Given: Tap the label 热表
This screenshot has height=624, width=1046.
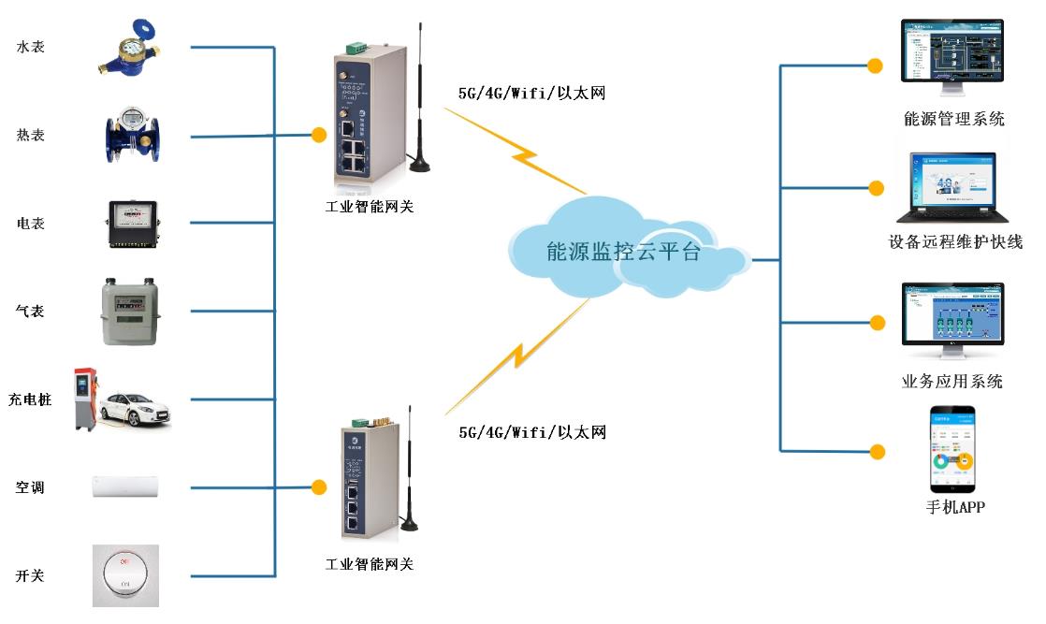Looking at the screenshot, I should pos(31,136).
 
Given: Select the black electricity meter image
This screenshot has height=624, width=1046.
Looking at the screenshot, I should pos(131,225).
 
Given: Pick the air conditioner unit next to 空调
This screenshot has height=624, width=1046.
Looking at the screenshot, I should pos(125,486).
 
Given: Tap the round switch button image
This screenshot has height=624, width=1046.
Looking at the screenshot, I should pos(125,573).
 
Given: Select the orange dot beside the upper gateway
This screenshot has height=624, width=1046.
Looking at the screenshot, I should pos(318,136).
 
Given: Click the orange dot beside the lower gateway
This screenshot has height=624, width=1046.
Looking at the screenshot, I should pos(319,487).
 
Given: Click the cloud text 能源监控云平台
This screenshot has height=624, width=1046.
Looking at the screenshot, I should pos(623,252).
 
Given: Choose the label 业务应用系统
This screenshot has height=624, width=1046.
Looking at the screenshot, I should pos(952,382).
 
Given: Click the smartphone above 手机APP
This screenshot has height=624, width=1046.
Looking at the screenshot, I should pos(952,449).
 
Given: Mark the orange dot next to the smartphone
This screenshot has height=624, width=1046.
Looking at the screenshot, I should pos(877,452).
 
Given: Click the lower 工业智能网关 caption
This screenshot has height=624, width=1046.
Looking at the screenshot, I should pos(370,564).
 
